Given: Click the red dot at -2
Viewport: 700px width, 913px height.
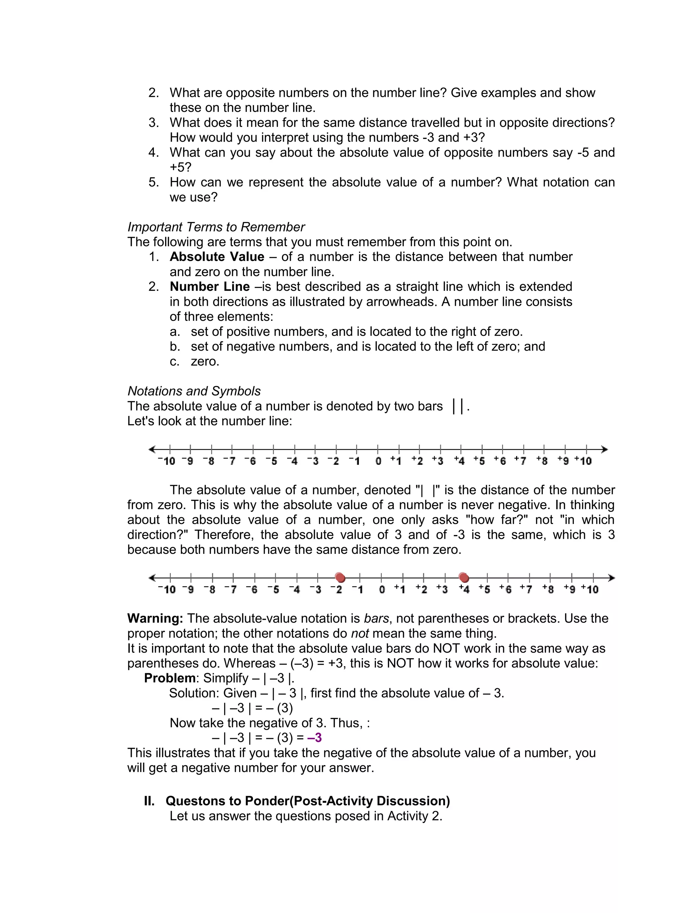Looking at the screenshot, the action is point(340,578).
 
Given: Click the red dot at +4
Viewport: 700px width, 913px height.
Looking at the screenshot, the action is point(464,578).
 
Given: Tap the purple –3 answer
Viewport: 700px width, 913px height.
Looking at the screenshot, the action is point(314,738).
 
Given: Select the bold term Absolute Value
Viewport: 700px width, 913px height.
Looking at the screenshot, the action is point(217,257).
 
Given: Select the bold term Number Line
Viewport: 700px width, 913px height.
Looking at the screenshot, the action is point(210,287).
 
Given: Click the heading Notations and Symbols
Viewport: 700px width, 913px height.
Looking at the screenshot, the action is point(194,391).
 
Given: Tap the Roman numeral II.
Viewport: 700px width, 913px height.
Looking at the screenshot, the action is point(149,801).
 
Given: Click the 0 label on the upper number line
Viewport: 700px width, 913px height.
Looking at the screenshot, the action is point(378,461).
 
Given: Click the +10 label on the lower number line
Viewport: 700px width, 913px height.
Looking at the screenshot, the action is point(590,589).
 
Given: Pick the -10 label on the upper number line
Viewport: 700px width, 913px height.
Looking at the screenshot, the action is point(167,461).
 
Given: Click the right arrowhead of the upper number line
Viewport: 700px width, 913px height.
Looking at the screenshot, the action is point(605,449).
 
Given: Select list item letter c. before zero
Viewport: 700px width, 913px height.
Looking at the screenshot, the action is point(174,362).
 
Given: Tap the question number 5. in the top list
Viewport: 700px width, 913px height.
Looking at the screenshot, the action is point(154,182).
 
